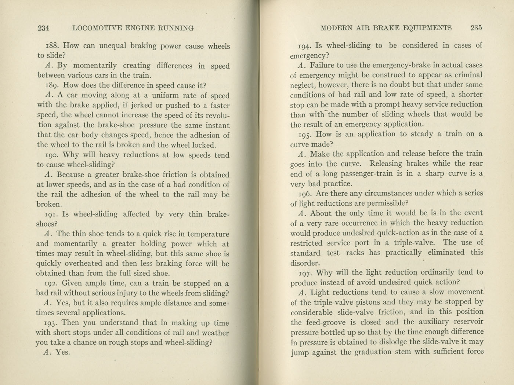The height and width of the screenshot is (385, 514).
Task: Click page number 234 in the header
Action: coord(43,28)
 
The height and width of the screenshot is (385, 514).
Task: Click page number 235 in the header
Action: coord(476,27)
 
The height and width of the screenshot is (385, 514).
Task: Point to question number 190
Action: coord(51,155)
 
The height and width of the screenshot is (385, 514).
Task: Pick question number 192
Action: coord(51,283)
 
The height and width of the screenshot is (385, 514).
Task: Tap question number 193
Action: coord(51,323)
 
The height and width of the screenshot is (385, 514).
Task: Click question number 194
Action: coord(305,46)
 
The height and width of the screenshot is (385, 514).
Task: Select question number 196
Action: coord(305,193)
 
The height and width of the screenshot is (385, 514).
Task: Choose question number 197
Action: coord(305,273)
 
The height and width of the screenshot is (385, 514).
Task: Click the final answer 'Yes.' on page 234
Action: coord(62,352)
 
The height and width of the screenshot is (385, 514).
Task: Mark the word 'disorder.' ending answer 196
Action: coord(305,263)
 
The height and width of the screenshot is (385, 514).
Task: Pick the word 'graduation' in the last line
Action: coord(373,352)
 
